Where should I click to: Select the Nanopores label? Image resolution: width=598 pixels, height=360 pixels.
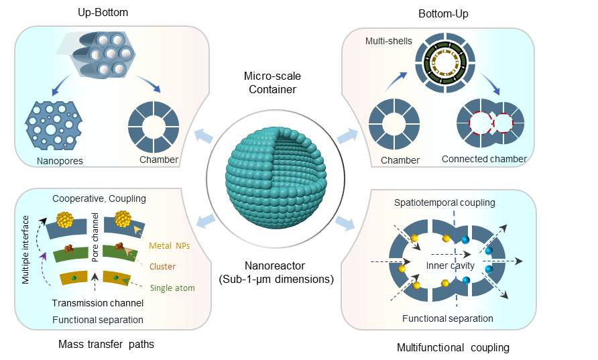60,160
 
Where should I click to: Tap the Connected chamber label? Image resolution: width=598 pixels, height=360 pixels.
484,159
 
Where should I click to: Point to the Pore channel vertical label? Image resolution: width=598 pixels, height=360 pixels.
96,239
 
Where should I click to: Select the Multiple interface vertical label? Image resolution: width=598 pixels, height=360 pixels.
25,240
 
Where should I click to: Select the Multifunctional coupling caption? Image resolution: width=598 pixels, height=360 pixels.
453,347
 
